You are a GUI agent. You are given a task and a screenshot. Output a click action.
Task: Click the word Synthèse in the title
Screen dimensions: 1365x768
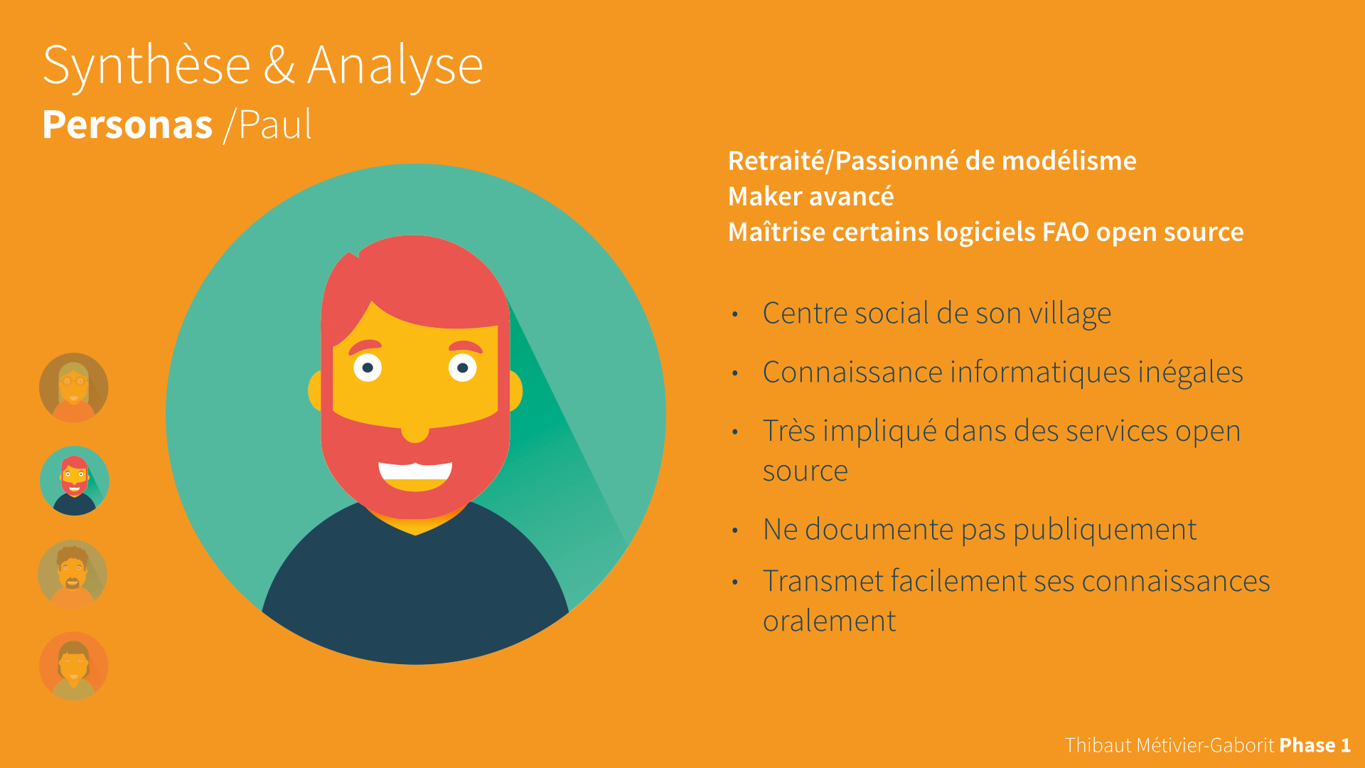(146, 66)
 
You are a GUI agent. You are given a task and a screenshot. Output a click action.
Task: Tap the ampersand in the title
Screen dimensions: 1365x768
(279, 65)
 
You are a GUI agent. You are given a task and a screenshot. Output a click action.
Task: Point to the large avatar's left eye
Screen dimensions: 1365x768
(368, 368)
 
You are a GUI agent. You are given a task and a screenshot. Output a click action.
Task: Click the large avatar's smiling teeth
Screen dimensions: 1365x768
(415, 471)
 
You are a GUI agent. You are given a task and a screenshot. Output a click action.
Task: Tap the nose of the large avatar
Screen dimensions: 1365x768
(415, 432)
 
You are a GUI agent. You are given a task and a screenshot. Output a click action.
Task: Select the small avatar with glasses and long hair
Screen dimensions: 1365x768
(74, 388)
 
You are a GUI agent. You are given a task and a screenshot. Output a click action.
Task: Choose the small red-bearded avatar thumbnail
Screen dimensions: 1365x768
(75, 481)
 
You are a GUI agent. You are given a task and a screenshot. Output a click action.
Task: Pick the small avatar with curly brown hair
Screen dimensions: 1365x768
(73, 575)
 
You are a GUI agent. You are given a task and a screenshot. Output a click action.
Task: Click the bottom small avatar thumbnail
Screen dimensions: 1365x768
(74, 666)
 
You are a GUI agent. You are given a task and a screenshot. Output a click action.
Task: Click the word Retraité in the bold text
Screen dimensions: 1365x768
(776, 161)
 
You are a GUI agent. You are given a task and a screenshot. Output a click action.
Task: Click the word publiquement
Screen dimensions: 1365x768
(1105, 530)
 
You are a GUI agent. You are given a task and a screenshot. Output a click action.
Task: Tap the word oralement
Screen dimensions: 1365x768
(830, 621)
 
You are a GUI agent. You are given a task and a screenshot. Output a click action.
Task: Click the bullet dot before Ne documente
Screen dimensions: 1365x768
(735, 530)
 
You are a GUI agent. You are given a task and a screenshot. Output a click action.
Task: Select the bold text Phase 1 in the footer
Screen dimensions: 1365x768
(1315, 745)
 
